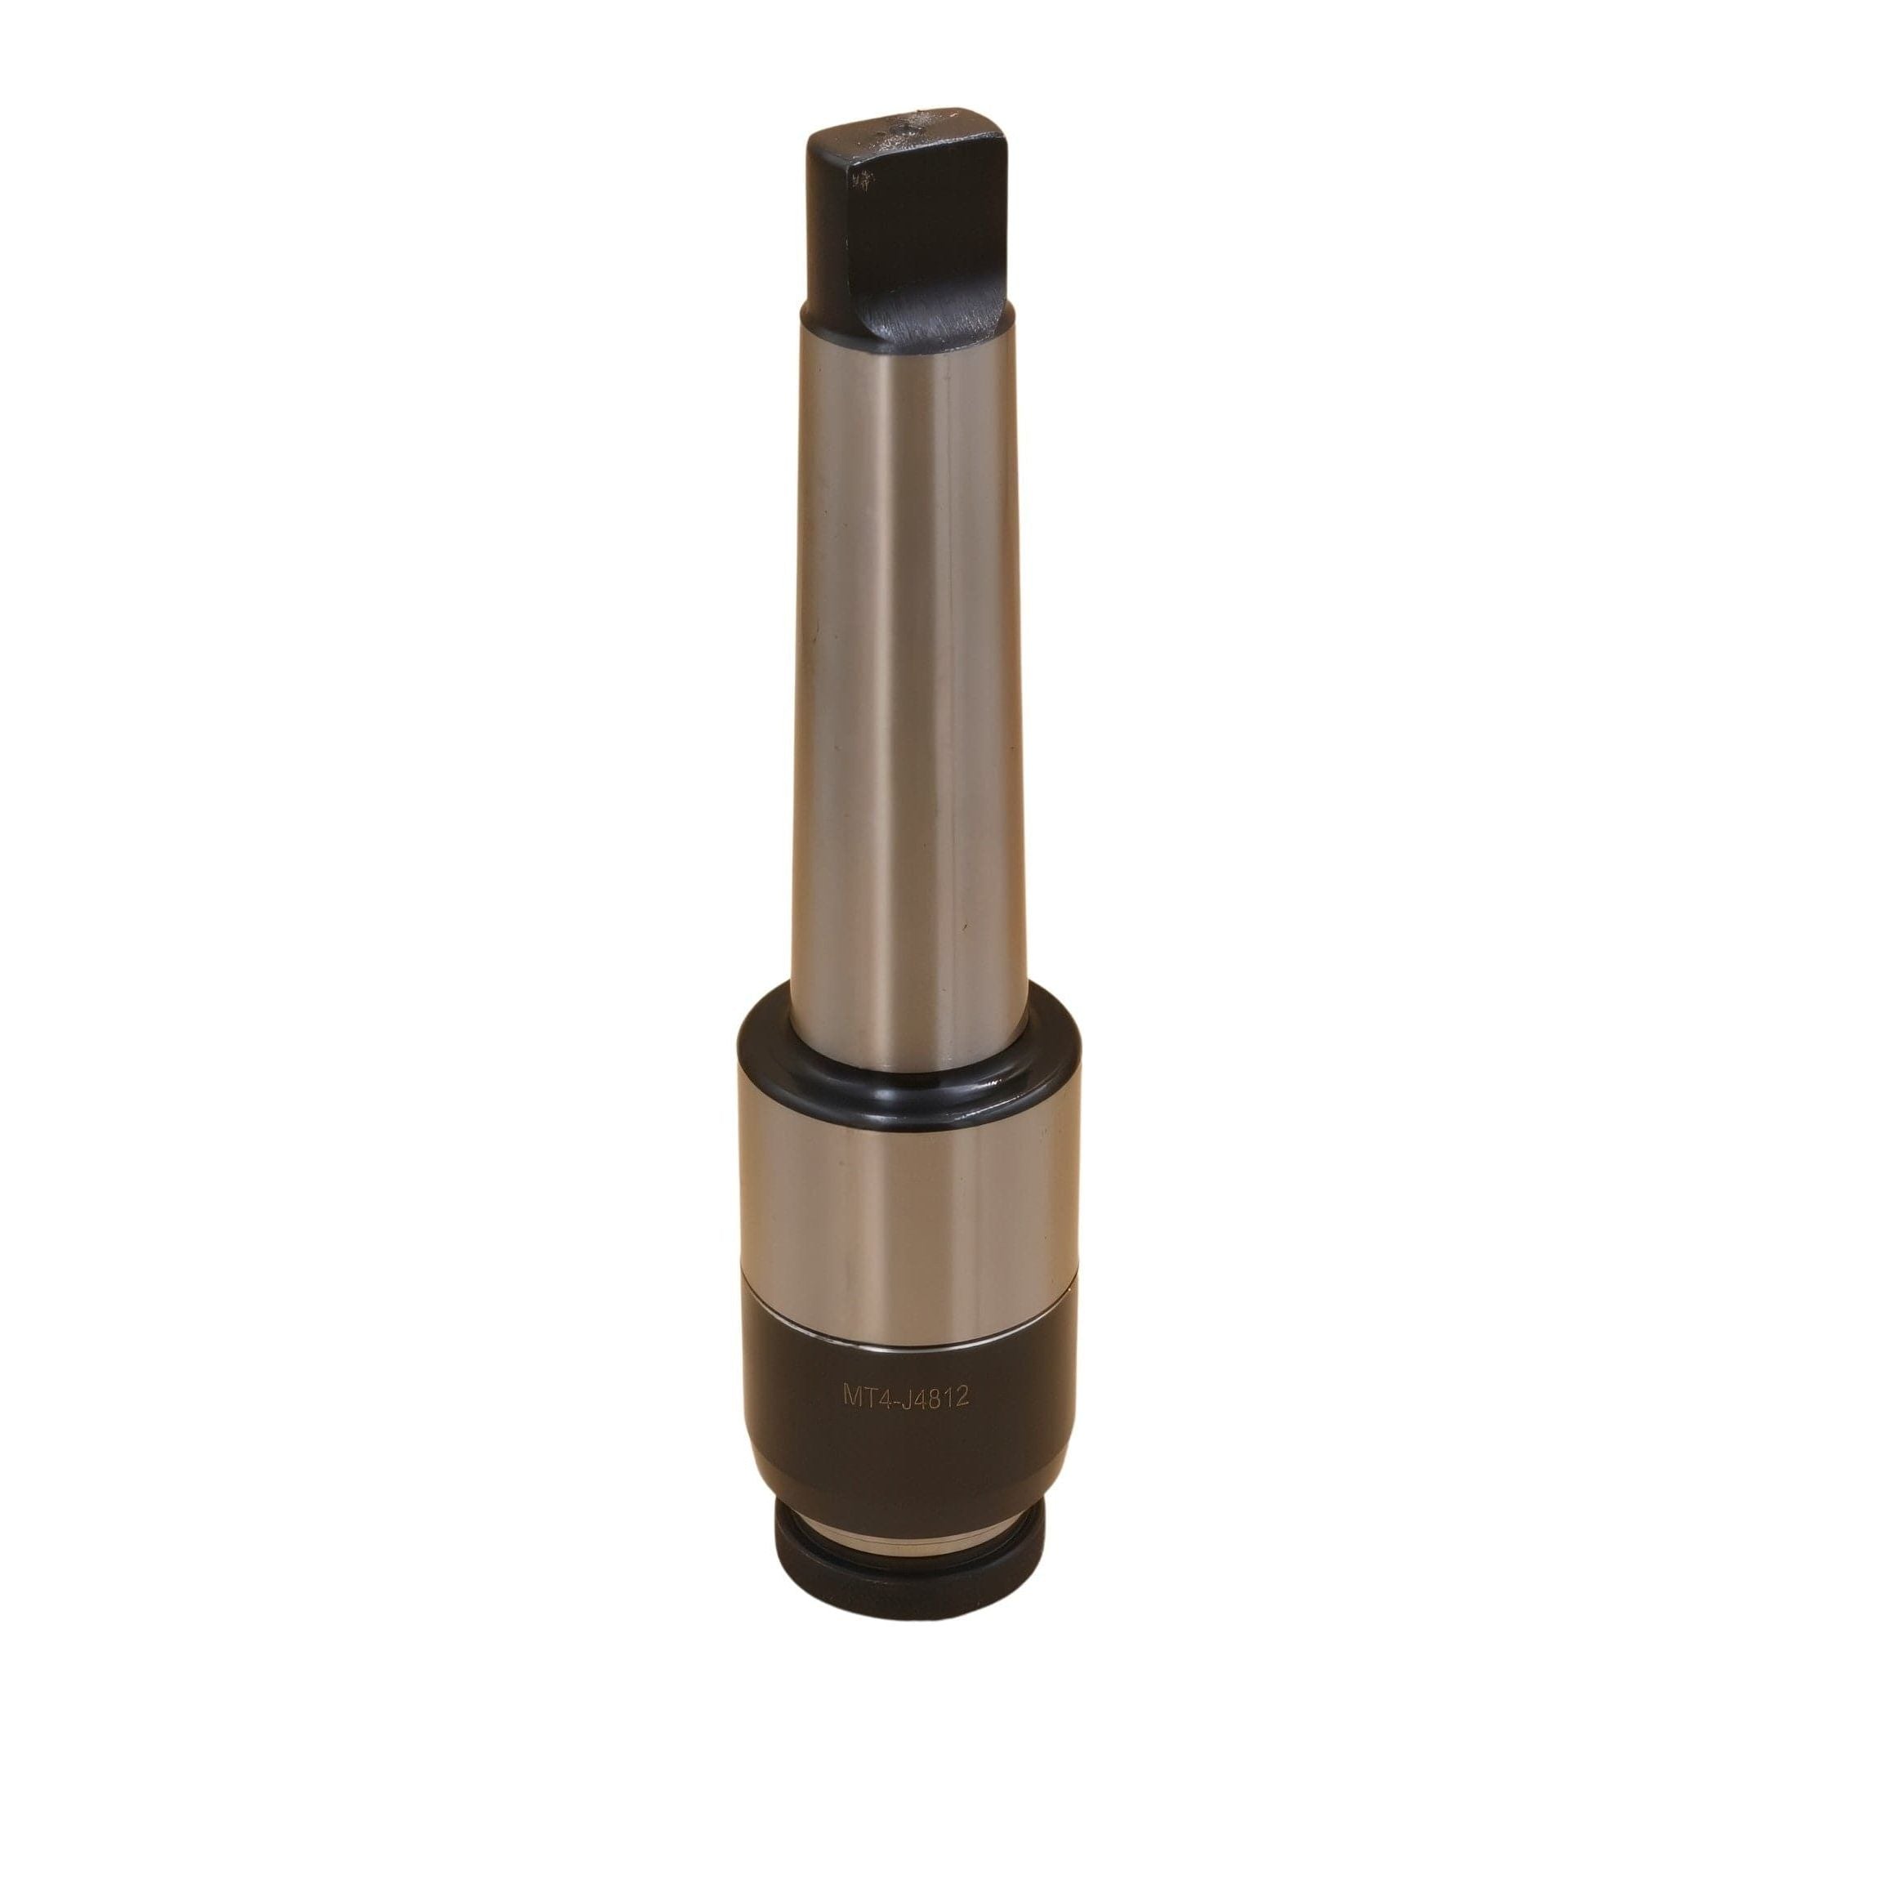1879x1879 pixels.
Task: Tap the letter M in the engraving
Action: pyautogui.click(x=853, y=1398)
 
